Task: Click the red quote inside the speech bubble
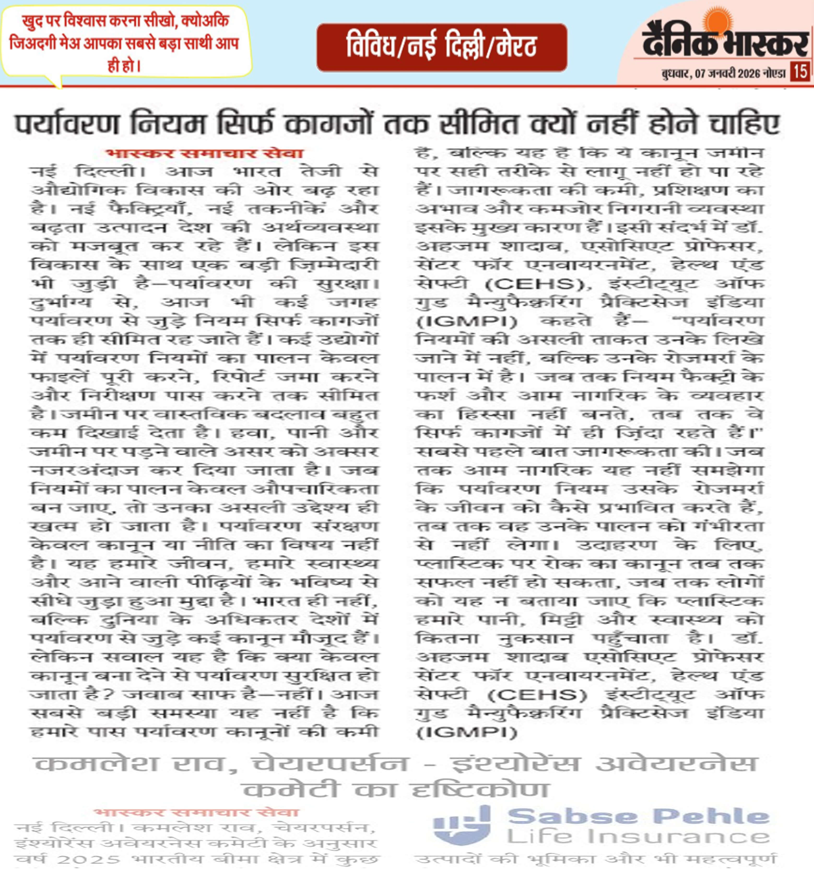pyautogui.click(x=125, y=43)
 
